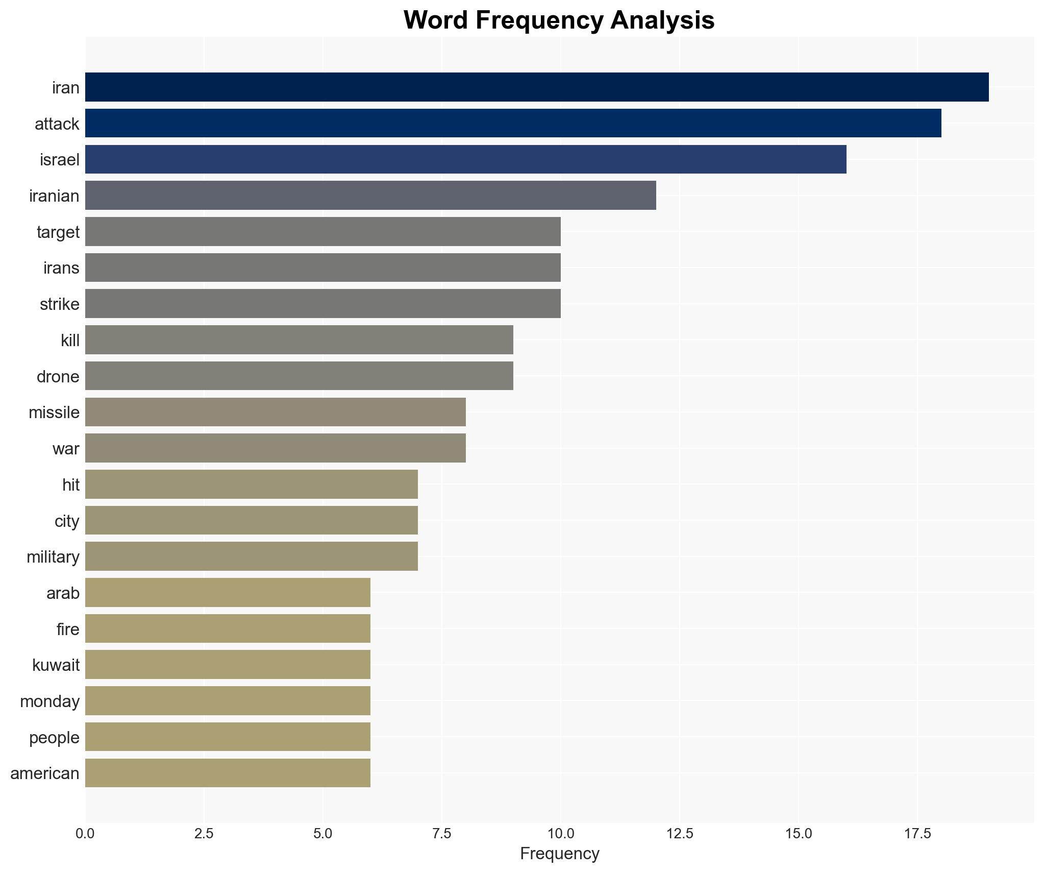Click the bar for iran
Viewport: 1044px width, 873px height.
(536, 87)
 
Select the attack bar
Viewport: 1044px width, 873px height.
(513, 123)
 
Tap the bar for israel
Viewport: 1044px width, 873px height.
(465, 159)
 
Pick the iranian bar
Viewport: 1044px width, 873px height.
(370, 196)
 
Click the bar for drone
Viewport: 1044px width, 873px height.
(299, 376)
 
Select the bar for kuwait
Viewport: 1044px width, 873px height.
(228, 665)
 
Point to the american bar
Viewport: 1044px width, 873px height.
(228, 773)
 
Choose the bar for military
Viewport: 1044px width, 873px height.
(252, 556)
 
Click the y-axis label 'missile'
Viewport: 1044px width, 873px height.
(54, 413)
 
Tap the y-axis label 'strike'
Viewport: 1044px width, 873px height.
(60, 304)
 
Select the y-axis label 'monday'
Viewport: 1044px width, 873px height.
(50, 701)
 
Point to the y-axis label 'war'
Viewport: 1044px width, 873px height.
(66, 449)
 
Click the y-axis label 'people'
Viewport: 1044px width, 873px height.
(54, 738)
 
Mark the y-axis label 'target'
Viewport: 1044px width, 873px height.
(58, 232)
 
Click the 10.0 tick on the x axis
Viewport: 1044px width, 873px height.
(561, 834)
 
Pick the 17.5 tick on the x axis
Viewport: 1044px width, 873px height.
(917, 834)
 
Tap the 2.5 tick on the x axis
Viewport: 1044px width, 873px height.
(204, 834)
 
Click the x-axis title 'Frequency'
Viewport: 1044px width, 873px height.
(559, 854)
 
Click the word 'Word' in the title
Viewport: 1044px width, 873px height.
(436, 20)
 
